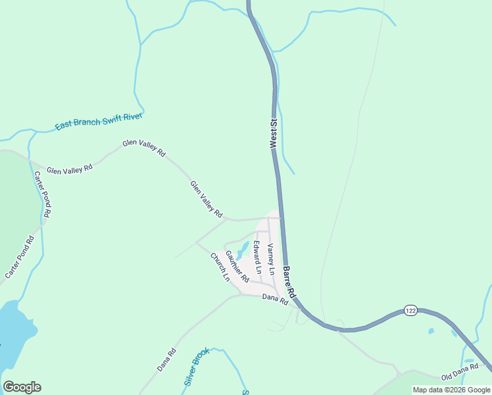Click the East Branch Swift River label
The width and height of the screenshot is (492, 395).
pyautogui.click(x=99, y=117)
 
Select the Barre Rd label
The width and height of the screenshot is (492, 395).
pyautogui.click(x=288, y=282)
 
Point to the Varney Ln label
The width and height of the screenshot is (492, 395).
pyautogui.click(x=271, y=259)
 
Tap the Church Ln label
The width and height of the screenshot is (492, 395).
pyautogui.click(x=220, y=267)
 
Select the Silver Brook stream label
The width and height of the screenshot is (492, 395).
pyautogui.click(x=196, y=367)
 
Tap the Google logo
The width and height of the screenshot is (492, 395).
pyautogui.click(x=22, y=387)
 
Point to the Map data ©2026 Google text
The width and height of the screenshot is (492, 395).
pyautogui.click(x=451, y=390)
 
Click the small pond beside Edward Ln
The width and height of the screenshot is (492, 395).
pyautogui.click(x=242, y=250)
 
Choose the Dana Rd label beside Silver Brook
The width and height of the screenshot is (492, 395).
pyautogui.click(x=166, y=359)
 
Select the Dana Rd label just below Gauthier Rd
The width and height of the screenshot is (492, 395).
pyautogui.click(x=275, y=299)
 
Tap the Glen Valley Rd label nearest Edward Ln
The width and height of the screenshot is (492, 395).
pyautogui.click(x=206, y=199)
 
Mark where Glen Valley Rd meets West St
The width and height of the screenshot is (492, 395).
pyautogui.click(x=281, y=218)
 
